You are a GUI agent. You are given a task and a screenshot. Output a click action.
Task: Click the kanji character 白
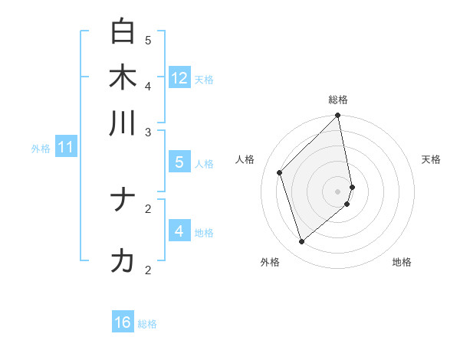pos(123,31)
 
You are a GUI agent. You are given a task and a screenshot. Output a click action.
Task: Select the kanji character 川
pos(123,123)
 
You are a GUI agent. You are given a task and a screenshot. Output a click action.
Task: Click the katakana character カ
pos(123,261)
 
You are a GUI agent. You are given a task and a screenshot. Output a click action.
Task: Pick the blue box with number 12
pos(179,77)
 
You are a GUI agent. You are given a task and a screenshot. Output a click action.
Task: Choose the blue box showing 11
pos(66,147)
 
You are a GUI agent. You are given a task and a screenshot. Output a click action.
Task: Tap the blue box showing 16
pos(123,322)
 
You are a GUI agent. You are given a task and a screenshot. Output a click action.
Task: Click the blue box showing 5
pos(179,162)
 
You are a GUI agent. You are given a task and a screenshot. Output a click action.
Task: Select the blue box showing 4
pos(179,231)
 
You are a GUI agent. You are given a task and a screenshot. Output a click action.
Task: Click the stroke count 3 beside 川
pos(148,133)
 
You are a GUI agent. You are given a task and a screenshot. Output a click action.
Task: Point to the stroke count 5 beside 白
pos(148,40)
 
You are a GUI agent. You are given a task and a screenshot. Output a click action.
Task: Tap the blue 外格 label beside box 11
pos(40,149)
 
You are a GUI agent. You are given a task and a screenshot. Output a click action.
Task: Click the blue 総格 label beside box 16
pos(147,324)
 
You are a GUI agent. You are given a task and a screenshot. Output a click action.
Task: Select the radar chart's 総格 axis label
pos(338,100)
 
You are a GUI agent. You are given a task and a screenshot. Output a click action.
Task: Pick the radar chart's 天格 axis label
pos(431,159)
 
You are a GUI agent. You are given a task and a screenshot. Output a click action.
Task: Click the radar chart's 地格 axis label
pos(402,262)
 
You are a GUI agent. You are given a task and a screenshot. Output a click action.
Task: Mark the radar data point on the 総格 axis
pos(338,116)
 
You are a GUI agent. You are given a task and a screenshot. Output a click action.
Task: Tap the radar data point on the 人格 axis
pos(280,172)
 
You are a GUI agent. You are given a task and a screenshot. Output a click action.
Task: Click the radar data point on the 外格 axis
pos(302,242)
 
